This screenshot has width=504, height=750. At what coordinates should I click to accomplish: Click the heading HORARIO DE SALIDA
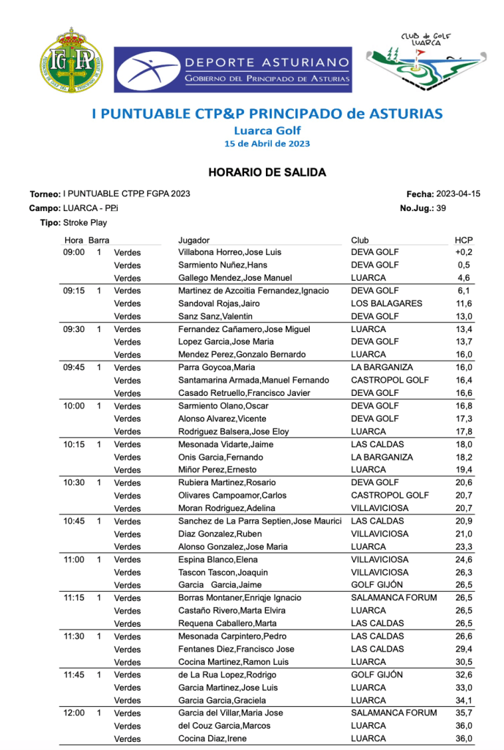267,173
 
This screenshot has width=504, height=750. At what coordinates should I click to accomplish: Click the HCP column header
463,240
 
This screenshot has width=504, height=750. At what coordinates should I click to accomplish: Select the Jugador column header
194,240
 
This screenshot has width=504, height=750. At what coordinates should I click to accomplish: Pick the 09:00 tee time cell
74,252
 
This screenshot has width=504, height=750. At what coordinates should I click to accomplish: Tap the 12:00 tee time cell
74,713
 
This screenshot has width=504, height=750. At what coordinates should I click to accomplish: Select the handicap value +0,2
462,252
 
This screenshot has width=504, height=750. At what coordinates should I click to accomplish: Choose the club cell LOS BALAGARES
386,304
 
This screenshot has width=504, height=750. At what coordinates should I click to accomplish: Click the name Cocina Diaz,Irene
212,738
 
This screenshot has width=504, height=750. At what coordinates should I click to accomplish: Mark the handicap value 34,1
463,700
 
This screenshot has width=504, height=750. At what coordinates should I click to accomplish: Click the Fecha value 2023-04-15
458,194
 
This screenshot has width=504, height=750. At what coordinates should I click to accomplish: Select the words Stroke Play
85,222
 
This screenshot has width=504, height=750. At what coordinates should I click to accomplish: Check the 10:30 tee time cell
74,482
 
